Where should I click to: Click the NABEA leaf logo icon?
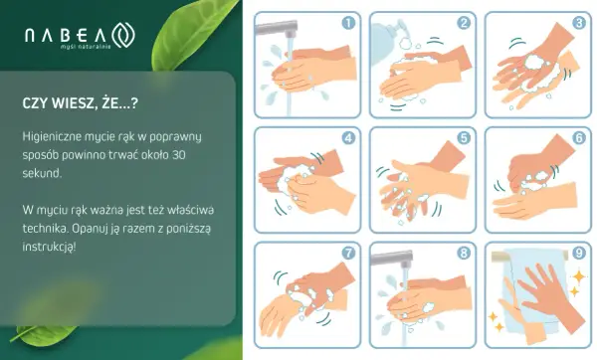pyautogui.click(x=123, y=35)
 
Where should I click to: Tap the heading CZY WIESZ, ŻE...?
pyautogui.click(x=81, y=103)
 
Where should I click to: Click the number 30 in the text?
pyautogui.click(x=178, y=155)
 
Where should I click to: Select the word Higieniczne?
pyautogui.click(x=51, y=136)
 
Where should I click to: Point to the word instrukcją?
pyautogui.click(x=49, y=247)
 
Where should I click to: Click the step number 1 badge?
pyautogui.click(x=348, y=23)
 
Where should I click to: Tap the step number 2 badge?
pyautogui.click(x=464, y=23)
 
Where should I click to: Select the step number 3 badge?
pyautogui.click(x=579, y=23)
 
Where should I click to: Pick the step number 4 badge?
pyautogui.click(x=348, y=138)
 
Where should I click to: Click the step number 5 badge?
pyautogui.click(x=464, y=138)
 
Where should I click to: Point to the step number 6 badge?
pyautogui.click(x=579, y=138)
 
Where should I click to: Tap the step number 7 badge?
pyautogui.click(x=348, y=253)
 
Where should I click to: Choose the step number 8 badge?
pyautogui.click(x=464, y=253)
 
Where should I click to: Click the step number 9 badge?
pyautogui.click(x=579, y=253)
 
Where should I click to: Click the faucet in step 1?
pyautogui.click(x=278, y=28)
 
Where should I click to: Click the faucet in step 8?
pyautogui.click(x=392, y=259)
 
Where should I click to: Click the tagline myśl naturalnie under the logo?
pyautogui.click(x=86, y=47)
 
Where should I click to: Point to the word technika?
pyautogui.click(x=46, y=229)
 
